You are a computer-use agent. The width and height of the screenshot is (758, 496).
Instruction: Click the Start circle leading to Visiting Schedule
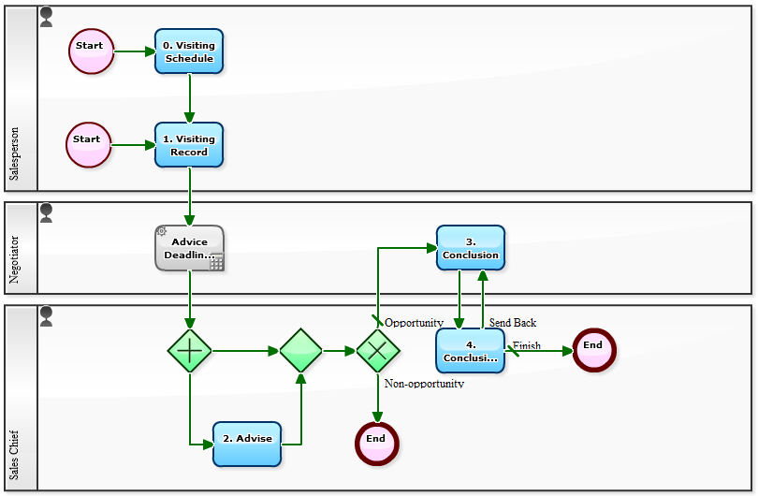91,51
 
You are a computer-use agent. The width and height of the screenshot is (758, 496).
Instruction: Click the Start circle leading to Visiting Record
88,145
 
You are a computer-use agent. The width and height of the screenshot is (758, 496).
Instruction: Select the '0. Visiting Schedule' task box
189,51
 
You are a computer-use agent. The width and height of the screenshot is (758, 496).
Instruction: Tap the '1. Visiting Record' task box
189,145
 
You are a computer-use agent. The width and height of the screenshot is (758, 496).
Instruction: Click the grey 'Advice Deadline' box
189,248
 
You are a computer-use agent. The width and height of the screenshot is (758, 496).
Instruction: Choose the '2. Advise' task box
247,444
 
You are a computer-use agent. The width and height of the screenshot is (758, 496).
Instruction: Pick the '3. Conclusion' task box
470,248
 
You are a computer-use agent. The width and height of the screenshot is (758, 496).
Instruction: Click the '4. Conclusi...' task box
470,351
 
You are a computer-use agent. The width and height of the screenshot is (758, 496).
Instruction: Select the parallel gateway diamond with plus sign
190,351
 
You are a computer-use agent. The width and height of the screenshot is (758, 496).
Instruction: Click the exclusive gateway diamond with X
378,351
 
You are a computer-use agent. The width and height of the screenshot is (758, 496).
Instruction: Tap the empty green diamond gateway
300,351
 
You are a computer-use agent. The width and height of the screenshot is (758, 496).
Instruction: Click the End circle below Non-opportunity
377,444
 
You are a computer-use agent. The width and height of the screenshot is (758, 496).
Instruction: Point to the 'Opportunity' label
414,323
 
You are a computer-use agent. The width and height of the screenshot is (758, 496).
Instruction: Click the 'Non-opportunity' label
424,384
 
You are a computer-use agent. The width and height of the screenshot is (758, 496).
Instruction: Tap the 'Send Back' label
513,323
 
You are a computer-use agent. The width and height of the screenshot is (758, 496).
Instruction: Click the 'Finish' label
527,345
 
